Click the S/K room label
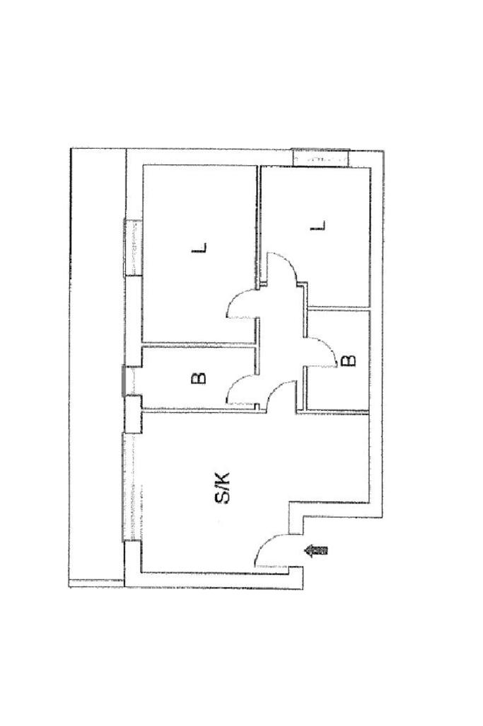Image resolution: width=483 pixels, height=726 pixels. pyautogui.click(x=222, y=489)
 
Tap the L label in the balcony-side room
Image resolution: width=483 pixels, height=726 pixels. pyautogui.click(x=202, y=248)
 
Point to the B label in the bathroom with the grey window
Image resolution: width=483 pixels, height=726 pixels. pyautogui.click(x=200, y=378)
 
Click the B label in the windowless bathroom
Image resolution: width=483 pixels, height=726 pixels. pyautogui.click(x=349, y=361)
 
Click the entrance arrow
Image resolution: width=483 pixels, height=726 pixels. pyautogui.click(x=318, y=550)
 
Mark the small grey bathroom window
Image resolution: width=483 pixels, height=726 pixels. pyautogui.click(x=125, y=380)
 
